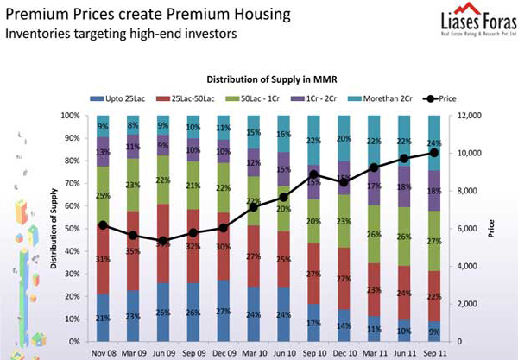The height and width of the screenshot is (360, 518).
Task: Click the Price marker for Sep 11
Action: tap(433, 153)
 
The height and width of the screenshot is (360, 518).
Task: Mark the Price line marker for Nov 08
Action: tap(104, 224)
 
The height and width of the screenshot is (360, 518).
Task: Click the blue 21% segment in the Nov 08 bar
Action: tap(104, 317)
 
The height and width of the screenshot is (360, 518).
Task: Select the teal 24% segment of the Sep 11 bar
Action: tap(433, 142)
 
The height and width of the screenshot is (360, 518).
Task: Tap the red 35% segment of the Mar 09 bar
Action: tap(133, 250)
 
